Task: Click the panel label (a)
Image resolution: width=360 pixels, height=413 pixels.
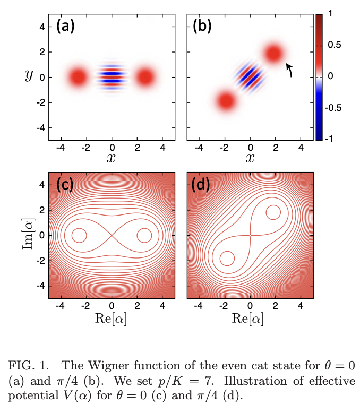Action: coord(66,27)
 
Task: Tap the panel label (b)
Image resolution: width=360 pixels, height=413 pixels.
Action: coord(204,27)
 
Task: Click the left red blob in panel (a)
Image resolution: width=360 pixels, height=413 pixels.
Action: coord(78,77)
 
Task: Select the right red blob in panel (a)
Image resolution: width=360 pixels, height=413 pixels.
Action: coord(145,77)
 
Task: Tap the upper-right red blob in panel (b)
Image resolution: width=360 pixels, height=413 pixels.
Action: coord(274,54)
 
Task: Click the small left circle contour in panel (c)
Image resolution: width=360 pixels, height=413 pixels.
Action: coord(79,235)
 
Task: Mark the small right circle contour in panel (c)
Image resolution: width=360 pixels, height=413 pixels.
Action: coord(144,235)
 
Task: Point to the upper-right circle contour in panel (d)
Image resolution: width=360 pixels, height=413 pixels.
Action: coord(273,212)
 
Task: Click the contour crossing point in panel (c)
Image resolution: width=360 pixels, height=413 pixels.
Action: coord(112,235)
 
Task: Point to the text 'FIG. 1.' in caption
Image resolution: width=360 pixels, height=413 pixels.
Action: coord(27,366)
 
